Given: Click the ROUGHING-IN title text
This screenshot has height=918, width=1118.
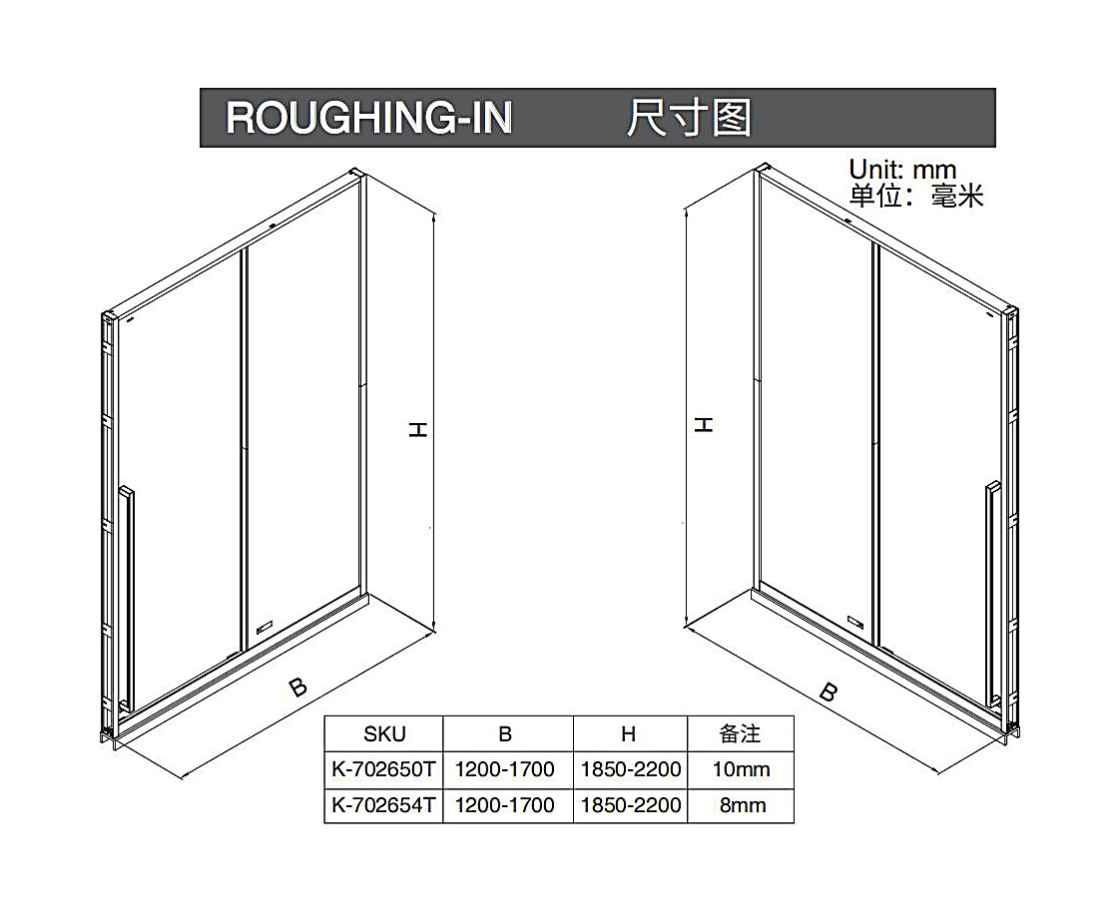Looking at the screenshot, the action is (x=368, y=118).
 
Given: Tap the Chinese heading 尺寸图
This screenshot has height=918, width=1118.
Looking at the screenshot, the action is (x=689, y=118).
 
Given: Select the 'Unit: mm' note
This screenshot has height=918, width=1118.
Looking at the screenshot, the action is (x=902, y=170).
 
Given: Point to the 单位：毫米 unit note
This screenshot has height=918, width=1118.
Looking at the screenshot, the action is (x=916, y=196).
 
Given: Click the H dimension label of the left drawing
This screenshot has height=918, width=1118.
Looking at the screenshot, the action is (x=417, y=429).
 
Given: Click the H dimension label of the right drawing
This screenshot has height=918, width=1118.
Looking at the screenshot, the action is (x=703, y=425).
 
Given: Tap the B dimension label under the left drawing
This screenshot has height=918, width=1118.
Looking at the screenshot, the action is (x=298, y=688).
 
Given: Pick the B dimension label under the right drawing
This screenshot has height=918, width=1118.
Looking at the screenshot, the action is (x=828, y=691).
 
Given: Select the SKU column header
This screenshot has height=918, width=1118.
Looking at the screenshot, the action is (x=384, y=733).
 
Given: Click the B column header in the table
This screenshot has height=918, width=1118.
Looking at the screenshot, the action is (x=505, y=733).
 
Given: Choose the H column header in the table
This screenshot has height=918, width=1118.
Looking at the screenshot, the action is (x=628, y=733).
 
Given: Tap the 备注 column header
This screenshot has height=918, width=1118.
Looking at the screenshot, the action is (x=740, y=733).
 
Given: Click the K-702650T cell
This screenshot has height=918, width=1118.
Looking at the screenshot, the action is (x=383, y=769).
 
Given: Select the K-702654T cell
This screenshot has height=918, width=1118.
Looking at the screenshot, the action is (x=383, y=805).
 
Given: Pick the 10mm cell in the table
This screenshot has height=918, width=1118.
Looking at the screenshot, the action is (x=741, y=769).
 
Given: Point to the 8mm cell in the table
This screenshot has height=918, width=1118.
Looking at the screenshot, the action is (x=743, y=805).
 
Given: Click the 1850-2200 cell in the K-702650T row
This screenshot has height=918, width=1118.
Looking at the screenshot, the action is (x=631, y=769).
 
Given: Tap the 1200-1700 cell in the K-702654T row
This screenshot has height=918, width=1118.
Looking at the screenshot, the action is (x=505, y=805).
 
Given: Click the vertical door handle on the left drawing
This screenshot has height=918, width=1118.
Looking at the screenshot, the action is (x=126, y=599).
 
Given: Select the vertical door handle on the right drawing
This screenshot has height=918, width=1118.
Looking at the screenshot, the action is (x=993, y=595).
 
